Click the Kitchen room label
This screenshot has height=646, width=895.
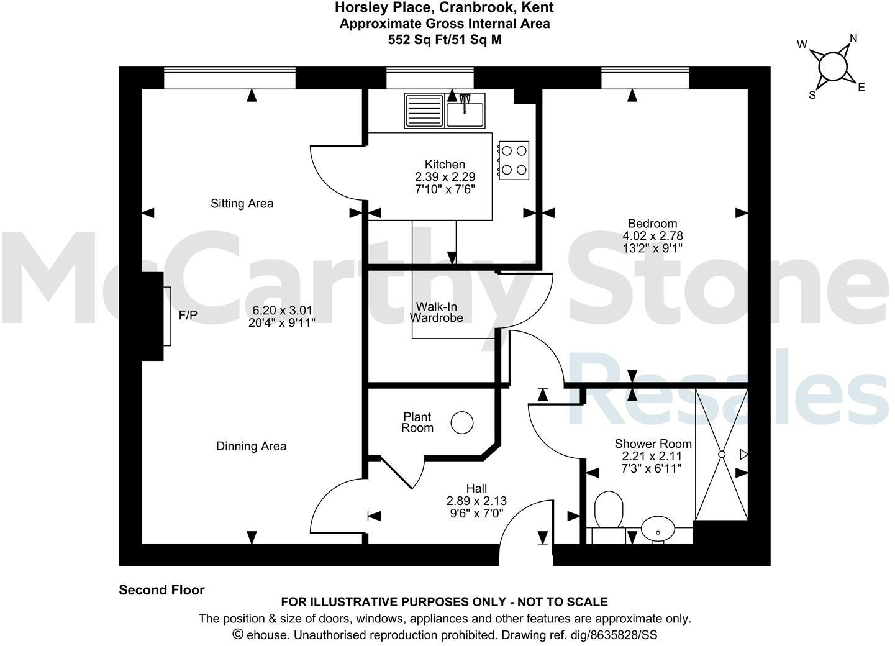point(445,165)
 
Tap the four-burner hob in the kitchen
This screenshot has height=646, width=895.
point(514,160)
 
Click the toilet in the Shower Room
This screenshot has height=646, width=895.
point(608,511)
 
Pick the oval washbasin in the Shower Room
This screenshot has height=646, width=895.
point(658,530)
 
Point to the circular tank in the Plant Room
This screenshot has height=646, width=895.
point(461,423)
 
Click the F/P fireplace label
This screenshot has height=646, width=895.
point(188,316)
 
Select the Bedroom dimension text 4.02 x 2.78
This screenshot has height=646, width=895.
point(652,236)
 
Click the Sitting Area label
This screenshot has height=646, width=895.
point(242,204)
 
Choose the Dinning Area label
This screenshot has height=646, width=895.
point(251,446)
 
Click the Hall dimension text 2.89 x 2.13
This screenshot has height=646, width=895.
point(476,501)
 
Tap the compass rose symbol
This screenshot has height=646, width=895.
point(832,66)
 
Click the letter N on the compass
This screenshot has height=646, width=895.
point(853,39)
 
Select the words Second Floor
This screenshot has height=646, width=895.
point(161,590)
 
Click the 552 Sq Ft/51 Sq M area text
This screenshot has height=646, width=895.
point(444,40)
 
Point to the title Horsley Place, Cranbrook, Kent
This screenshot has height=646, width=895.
point(444,8)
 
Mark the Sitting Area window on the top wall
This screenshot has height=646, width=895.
point(230,79)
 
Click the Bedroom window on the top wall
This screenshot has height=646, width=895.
point(645,79)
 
